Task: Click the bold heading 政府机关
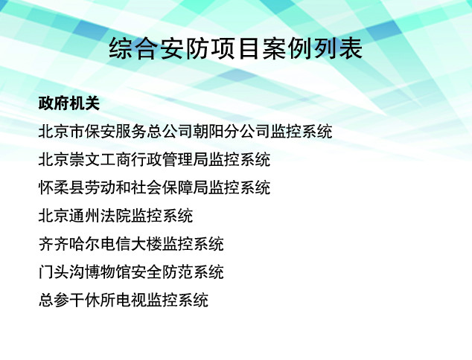click(69, 103)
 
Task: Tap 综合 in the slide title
click(134, 49)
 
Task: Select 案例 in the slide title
click(287, 49)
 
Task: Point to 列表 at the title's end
click(338, 49)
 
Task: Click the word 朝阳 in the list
click(208, 132)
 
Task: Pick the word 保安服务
click(115, 132)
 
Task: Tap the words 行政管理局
click(170, 159)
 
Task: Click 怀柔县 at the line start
click(61, 187)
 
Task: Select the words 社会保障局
click(170, 187)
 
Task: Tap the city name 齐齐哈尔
click(69, 244)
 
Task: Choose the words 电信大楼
click(131, 244)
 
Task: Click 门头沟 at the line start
click(61, 272)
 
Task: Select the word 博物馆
click(108, 272)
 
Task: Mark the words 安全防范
click(162, 272)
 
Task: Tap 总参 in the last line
click(54, 300)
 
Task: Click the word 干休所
click(92, 300)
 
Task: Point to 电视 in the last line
click(131, 300)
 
